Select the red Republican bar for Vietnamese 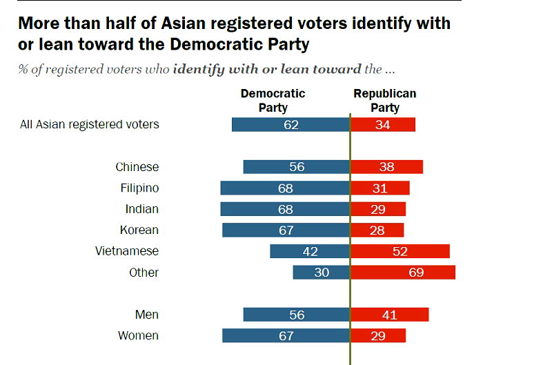[x=400, y=251]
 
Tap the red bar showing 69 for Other [x=403, y=273]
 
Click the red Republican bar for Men [x=390, y=315]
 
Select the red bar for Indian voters [x=378, y=209]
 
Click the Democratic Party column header [x=273, y=100]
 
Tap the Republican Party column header [x=385, y=100]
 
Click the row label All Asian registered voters [x=90, y=124]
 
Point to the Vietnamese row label [x=127, y=251]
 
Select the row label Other [x=144, y=273]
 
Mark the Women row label [x=138, y=336]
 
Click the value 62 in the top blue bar [x=290, y=125]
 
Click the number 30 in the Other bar [x=321, y=273]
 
